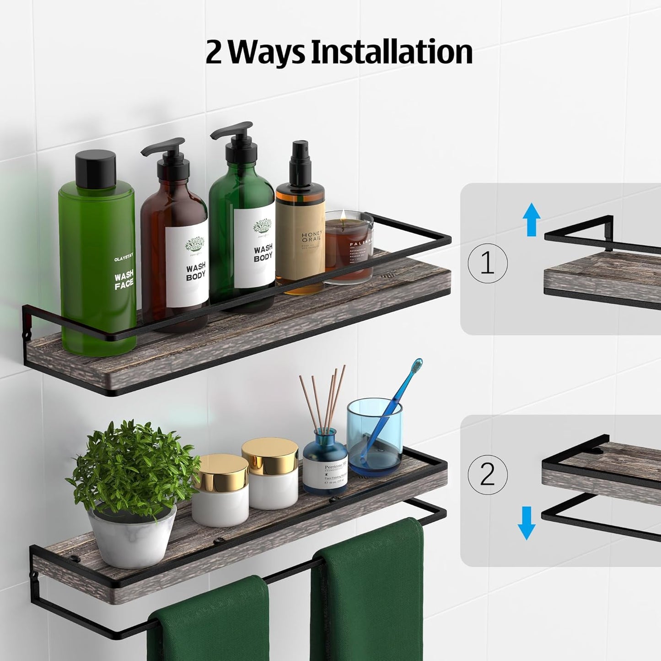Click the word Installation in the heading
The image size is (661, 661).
point(392,52)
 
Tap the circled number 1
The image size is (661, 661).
point(488,263)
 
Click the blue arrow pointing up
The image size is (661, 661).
point(531,220)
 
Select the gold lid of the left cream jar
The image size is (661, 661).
point(220,470)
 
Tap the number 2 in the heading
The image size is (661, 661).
point(213,52)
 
